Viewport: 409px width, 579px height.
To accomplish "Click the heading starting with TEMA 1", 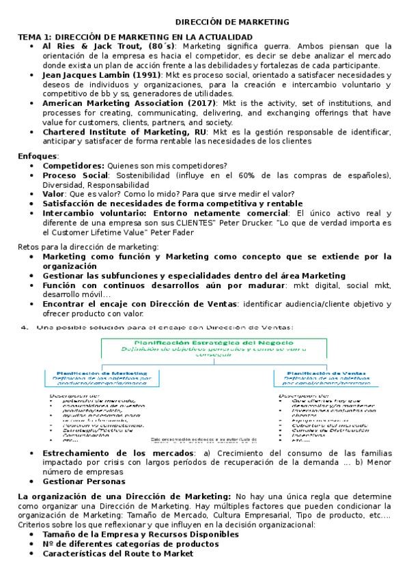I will click(135, 36).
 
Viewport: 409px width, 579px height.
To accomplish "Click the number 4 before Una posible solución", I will click(24, 327).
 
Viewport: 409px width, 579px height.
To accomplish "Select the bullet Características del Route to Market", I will click(118, 554).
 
